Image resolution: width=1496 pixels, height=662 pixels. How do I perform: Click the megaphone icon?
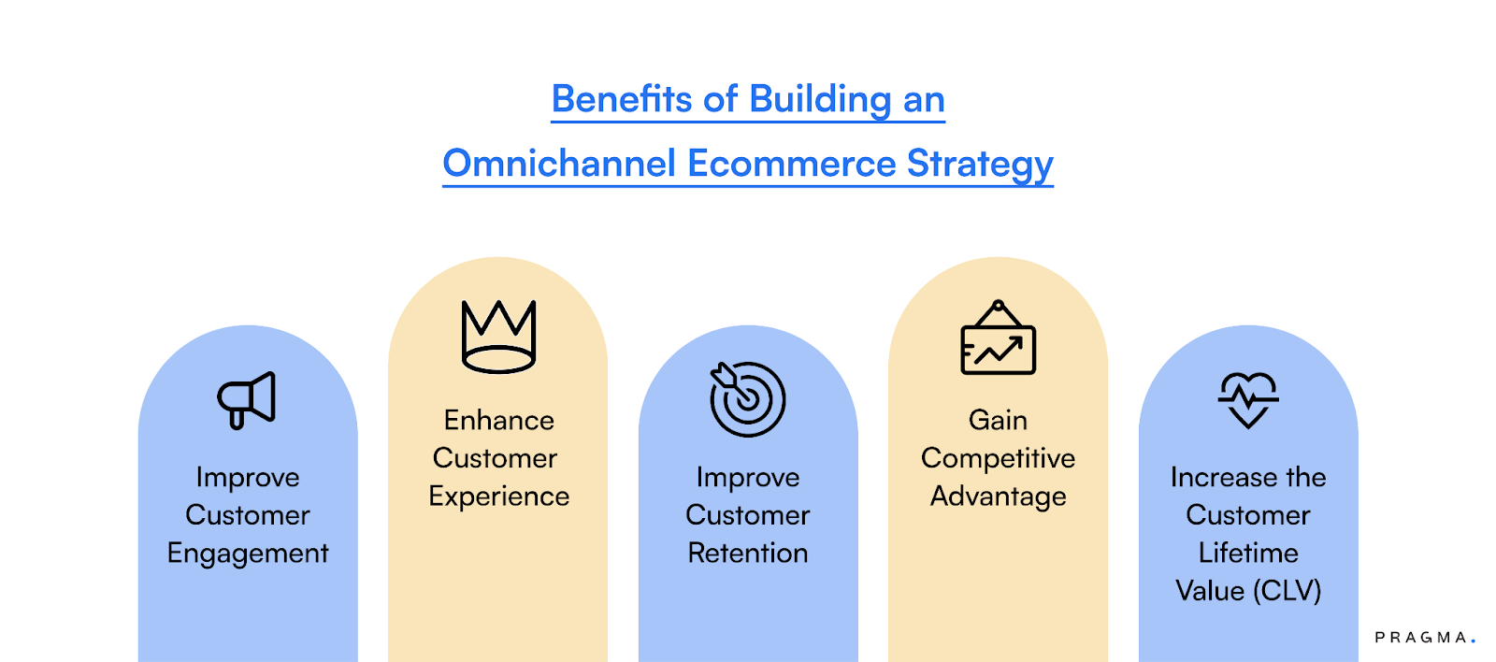click(247, 400)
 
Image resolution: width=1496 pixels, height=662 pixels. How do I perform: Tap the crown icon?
click(498, 337)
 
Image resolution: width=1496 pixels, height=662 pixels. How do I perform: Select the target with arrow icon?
click(747, 399)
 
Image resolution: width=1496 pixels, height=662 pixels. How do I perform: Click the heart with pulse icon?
click(1247, 399)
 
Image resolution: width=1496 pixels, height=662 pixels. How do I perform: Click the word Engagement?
click(248, 554)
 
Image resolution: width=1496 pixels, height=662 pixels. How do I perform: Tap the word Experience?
click(498, 496)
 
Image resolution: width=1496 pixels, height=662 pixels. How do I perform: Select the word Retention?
click(747, 554)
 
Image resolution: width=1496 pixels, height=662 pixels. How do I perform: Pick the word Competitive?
click(998, 458)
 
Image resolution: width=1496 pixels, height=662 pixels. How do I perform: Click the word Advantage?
click(998, 496)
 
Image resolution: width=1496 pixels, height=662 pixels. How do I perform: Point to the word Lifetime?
click(1248, 554)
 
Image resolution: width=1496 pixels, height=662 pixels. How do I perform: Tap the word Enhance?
click(498, 421)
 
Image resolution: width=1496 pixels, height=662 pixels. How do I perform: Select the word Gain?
click(998, 421)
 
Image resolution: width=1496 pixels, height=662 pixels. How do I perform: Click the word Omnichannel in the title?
click(558, 164)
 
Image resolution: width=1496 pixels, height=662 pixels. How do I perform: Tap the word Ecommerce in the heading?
click(791, 164)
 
